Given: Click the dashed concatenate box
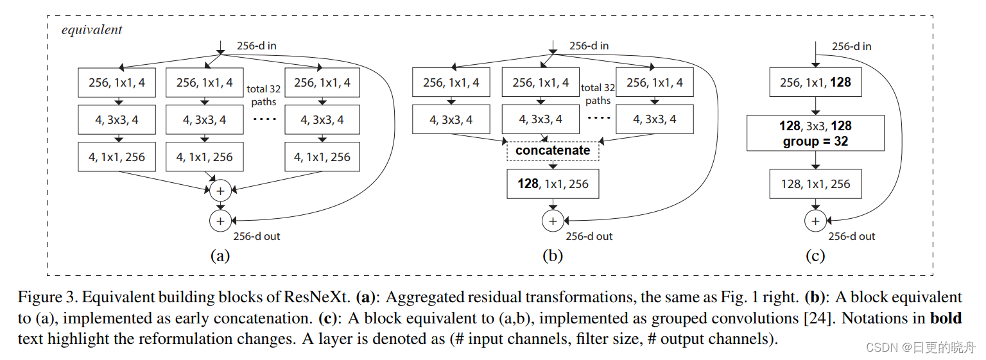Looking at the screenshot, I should click(553, 150).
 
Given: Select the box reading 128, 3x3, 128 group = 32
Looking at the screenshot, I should click(815, 133).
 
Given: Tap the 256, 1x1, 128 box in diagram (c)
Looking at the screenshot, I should click(815, 83).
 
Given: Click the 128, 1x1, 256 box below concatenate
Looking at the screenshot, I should click(553, 184).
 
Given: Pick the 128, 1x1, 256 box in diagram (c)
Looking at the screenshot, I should click(815, 184).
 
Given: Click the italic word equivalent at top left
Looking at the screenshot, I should click(92, 30).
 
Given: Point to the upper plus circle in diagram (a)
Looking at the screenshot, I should click(220, 191).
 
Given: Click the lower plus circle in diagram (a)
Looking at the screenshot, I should click(220, 221).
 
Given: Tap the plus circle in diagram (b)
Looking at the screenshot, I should click(553, 221).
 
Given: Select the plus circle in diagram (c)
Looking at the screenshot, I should click(815, 221).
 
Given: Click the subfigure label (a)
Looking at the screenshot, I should click(220, 256).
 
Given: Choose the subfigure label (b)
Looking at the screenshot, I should click(553, 256).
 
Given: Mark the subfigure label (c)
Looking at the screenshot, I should click(815, 256).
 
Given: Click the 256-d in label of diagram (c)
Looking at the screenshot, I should click(852, 46).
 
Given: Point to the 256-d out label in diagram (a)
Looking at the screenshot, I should click(257, 236).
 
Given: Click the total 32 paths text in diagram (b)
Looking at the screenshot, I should click(598, 94).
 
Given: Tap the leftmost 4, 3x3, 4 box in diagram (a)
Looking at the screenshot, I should click(116, 119).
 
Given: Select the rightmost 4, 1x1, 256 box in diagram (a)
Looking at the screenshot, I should click(322, 157).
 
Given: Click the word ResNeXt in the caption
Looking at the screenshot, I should click(315, 298).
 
